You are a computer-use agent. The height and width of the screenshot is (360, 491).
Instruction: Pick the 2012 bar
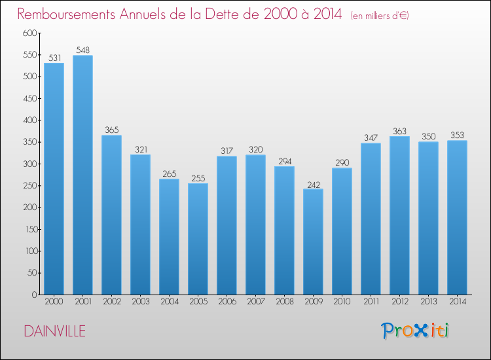pos(399,215)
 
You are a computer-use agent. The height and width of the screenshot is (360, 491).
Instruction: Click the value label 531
pos(54,58)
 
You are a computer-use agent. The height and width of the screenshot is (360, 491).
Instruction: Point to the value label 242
pos(313,184)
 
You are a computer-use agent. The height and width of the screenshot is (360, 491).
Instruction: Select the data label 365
pos(111,130)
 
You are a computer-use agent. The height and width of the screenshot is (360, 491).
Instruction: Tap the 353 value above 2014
pos(457,135)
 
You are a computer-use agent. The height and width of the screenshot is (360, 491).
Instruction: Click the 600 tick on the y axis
pos(28,33)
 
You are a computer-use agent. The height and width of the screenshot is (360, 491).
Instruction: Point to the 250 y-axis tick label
pos(28,186)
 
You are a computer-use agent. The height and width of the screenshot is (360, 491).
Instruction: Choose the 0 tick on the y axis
pos(33,295)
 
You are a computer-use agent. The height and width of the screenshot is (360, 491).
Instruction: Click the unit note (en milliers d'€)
pos(379,15)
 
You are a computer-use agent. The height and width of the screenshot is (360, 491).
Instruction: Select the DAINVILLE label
pos(54,331)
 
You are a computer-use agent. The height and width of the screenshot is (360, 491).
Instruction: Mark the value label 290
pos(342,163)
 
